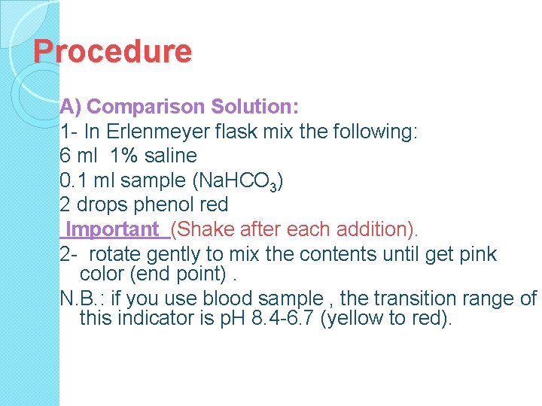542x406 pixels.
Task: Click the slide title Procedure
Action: point(113,52)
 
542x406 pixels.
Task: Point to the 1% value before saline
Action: point(124,156)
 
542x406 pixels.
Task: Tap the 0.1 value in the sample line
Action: point(74,180)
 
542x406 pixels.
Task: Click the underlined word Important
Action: point(113,229)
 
